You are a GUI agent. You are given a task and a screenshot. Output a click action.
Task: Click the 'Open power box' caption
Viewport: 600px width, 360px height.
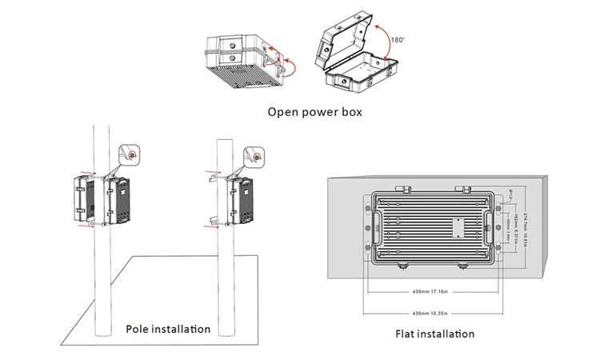(314, 111)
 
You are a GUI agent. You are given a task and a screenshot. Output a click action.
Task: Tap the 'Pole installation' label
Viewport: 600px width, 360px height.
(168, 329)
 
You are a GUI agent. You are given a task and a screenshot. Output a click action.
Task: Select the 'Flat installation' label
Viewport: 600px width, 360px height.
(434, 334)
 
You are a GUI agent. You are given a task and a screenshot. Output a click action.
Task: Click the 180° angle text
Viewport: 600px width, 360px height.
(397, 37)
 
